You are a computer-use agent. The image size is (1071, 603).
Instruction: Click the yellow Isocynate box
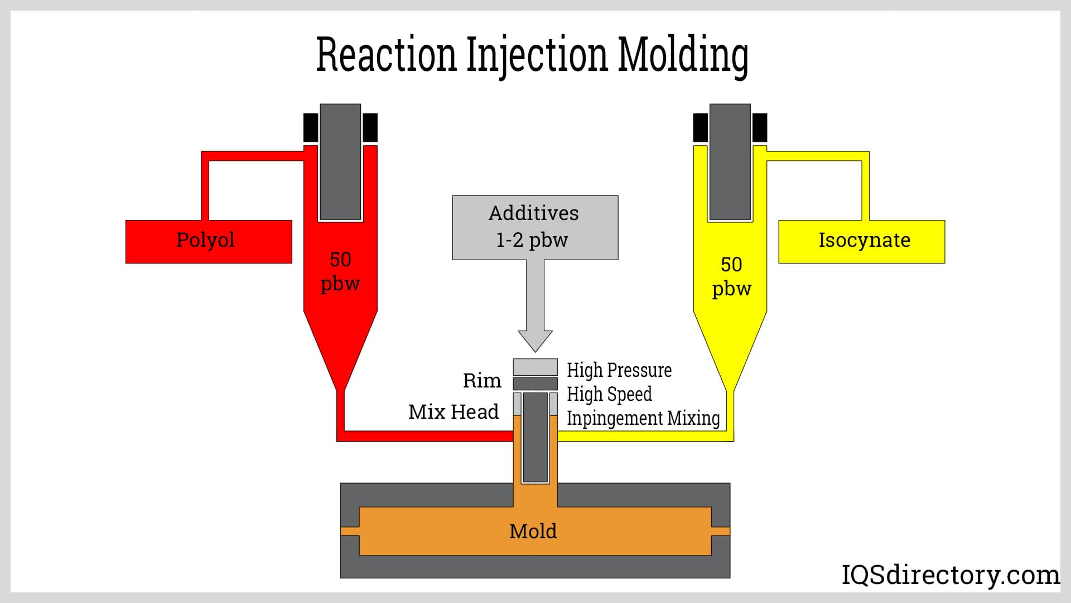[x=861, y=241]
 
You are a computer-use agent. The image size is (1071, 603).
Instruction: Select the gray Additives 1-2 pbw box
[x=534, y=227]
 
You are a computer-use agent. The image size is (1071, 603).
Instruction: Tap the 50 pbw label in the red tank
[x=340, y=272]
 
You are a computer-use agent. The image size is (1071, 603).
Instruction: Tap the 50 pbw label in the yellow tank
[x=731, y=277]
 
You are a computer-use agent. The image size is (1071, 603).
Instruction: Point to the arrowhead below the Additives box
[x=535, y=340]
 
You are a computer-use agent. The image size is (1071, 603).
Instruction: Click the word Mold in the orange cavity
[x=533, y=531]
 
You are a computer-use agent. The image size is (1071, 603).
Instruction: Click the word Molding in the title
[x=683, y=55]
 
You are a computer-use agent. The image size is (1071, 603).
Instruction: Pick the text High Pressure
[x=619, y=370]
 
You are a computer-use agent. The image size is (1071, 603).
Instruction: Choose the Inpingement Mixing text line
[x=643, y=418]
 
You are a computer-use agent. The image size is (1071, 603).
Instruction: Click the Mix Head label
[x=454, y=412]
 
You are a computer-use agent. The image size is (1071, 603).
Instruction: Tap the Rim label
[x=482, y=381]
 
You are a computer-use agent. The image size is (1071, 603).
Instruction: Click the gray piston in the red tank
[x=340, y=162]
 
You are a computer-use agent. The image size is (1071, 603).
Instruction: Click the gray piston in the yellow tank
[x=730, y=162]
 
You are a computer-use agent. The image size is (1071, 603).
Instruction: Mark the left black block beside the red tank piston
[x=311, y=128]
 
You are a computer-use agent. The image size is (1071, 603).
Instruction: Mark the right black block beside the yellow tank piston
[x=760, y=128]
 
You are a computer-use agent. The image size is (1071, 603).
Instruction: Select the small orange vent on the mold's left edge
[x=350, y=531]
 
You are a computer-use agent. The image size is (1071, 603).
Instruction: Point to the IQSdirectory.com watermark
[x=950, y=575]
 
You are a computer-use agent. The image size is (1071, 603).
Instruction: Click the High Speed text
[x=609, y=394]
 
